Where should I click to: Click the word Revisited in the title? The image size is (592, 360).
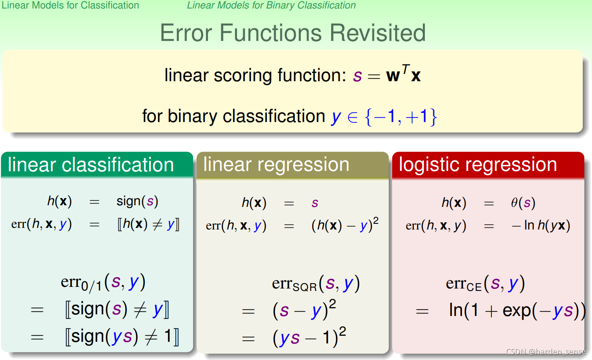pyautogui.click(x=378, y=33)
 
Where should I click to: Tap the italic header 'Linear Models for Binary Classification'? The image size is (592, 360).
pyautogui.click(x=271, y=5)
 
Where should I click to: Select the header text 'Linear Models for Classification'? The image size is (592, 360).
pyautogui.click(x=70, y=5)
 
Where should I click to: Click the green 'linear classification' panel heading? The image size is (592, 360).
pyautogui.click(x=90, y=165)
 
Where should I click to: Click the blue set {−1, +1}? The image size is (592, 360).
pyautogui.click(x=401, y=117)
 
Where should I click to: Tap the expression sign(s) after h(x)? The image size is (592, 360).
pyautogui.click(x=137, y=202)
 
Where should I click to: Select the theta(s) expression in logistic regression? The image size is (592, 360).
pyautogui.click(x=523, y=203)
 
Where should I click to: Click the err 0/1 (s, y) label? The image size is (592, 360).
pyautogui.click(x=103, y=283)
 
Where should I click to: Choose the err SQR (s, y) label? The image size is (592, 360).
pyautogui.click(x=316, y=284)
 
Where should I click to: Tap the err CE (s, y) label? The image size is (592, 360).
pyautogui.click(x=485, y=284)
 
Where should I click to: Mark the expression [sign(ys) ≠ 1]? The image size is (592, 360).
pyautogui.click(x=122, y=337)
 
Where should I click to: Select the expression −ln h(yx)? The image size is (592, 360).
pyautogui.click(x=541, y=225)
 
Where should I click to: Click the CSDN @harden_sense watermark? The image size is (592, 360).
pyautogui.click(x=546, y=352)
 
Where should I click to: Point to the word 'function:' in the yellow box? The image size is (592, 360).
pyautogui.click(x=312, y=76)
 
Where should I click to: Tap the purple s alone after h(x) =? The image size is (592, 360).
pyautogui.click(x=315, y=203)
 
